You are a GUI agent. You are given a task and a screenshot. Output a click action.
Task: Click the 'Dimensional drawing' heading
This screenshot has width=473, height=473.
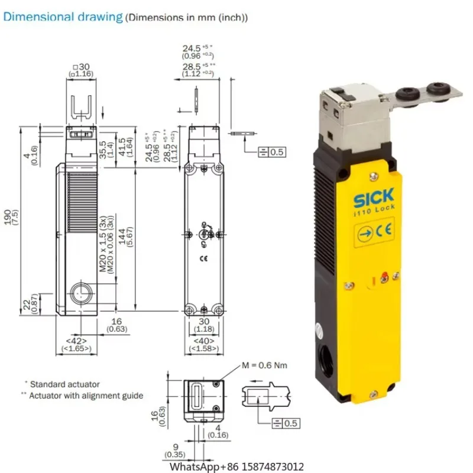(x=63, y=16)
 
